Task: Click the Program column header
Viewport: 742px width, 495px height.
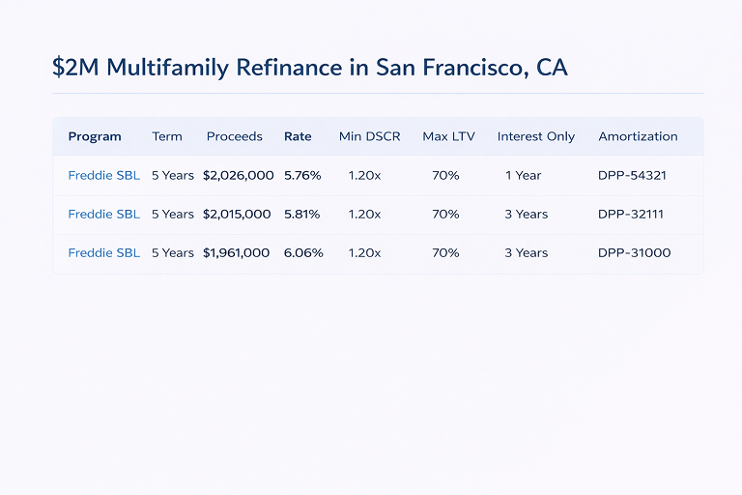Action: [x=95, y=136]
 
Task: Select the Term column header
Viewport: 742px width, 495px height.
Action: [x=167, y=136]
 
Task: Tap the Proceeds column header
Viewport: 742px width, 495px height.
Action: [x=235, y=136]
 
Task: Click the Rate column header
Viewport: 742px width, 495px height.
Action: [x=298, y=136]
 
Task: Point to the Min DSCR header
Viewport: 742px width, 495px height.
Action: [x=369, y=136]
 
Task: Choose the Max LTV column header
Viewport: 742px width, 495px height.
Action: [x=448, y=136]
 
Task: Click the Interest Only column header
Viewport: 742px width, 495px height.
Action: [x=536, y=136]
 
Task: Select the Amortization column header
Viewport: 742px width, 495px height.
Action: [x=638, y=136]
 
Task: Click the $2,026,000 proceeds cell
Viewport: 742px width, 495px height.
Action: [x=239, y=175]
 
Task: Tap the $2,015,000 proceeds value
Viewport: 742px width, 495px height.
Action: [x=237, y=214]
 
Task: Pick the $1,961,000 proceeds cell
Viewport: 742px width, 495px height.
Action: [x=237, y=252]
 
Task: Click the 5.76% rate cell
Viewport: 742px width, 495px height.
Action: [x=302, y=175]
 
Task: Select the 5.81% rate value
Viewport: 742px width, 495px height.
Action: [x=301, y=214]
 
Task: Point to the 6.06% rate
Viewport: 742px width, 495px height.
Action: [x=303, y=252]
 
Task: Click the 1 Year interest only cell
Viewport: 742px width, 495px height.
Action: [x=524, y=175]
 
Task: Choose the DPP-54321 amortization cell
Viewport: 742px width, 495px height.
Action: [x=633, y=175]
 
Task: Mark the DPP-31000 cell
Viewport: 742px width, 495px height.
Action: [x=635, y=252]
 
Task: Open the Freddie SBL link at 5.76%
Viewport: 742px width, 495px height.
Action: [x=103, y=175]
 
